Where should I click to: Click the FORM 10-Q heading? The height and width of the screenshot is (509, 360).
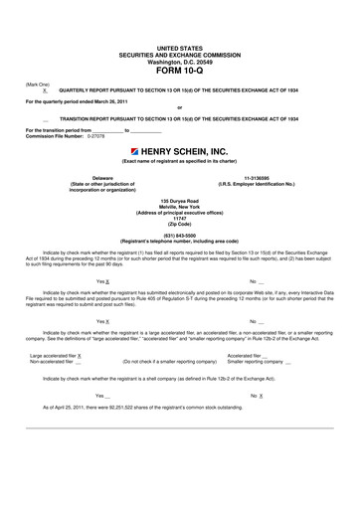tap(179, 70)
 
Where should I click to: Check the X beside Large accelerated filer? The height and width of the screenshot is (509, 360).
tap(80, 354)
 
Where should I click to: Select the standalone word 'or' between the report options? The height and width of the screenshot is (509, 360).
tap(179, 107)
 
